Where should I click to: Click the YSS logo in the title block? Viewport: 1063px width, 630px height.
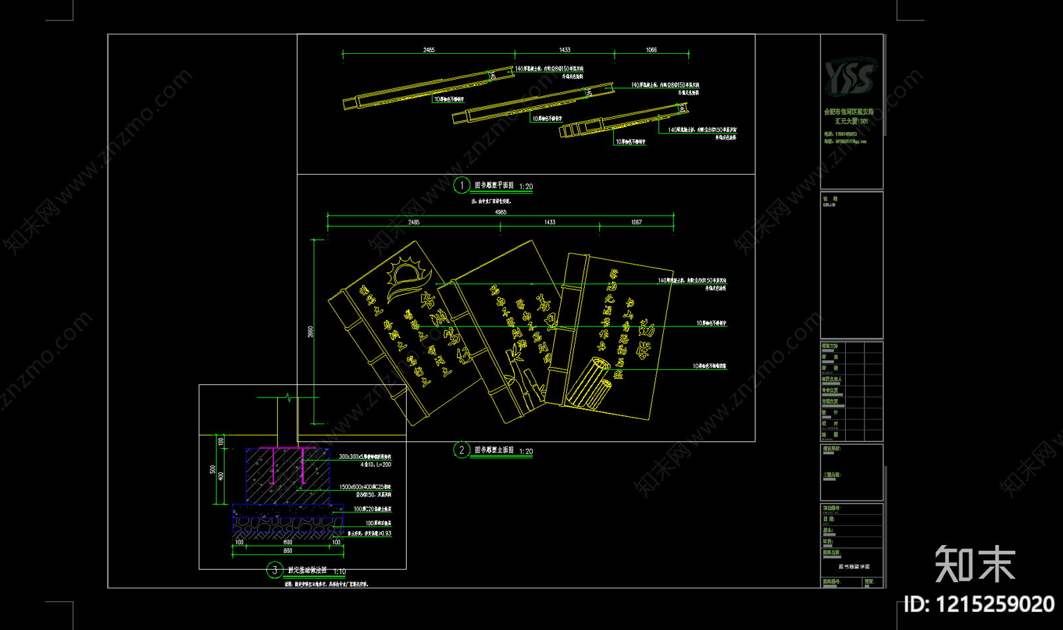click(x=850, y=76)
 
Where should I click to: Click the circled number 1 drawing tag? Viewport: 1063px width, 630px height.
click(x=462, y=185)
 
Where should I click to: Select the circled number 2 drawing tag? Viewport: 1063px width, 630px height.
click(x=462, y=450)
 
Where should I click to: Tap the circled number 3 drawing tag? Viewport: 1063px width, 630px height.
click(x=274, y=570)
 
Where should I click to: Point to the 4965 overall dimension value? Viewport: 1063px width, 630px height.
click(x=500, y=212)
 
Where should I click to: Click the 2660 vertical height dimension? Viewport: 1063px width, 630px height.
click(x=310, y=331)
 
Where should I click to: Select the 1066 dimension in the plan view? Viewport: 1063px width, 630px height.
click(x=651, y=50)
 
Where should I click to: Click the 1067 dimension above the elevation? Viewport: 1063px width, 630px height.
click(x=636, y=222)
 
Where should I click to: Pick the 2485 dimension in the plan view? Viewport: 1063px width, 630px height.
click(x=429, y=50)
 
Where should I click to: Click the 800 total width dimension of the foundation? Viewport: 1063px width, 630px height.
click(x=288, y=551)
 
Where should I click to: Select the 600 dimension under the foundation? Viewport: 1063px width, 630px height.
click(x=288, y=542)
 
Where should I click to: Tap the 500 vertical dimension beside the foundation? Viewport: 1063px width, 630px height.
click(x=213, y=470)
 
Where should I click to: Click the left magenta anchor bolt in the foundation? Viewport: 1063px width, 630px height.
click(x=274, y=465)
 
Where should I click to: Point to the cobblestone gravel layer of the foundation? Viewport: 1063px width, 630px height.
click(x=288, y=524)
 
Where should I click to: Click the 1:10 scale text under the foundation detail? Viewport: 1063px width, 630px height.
click(x=339, y=572)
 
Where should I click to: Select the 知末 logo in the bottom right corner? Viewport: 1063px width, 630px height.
click(x=975, y=564)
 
